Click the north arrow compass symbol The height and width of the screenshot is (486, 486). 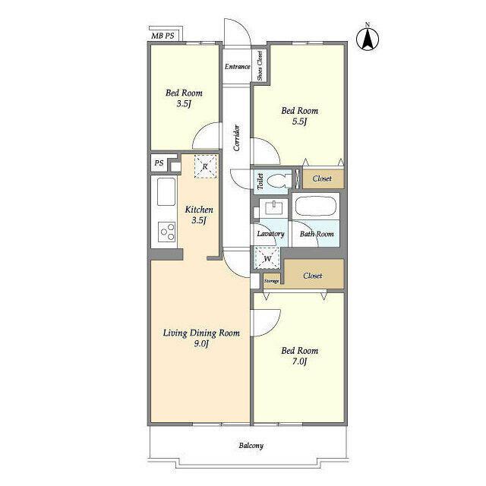coord(368,39)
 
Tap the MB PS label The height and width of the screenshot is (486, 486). coord(163,36)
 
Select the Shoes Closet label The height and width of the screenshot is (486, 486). coord(260,66)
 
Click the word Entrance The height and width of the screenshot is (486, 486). coord(238,67)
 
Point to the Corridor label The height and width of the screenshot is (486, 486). coord(237,137)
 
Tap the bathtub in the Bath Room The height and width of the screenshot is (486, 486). coord(316,207)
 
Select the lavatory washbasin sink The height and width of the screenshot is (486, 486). coord(273,207)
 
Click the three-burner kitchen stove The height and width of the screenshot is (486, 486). coord(167,232)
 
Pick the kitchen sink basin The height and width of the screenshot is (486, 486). coord(166,191)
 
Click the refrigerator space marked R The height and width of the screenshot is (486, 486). coord(206,166)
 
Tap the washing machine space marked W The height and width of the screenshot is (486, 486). coord(267,258)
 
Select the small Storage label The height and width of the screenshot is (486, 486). coord(272,281)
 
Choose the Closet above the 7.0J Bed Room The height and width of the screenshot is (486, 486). coord(314,275)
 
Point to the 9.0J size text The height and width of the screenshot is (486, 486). coord(201,344)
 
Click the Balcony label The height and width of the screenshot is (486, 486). coord(251,446)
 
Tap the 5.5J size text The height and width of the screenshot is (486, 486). coord(299,121)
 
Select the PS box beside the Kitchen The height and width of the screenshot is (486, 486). coord(159,163)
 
